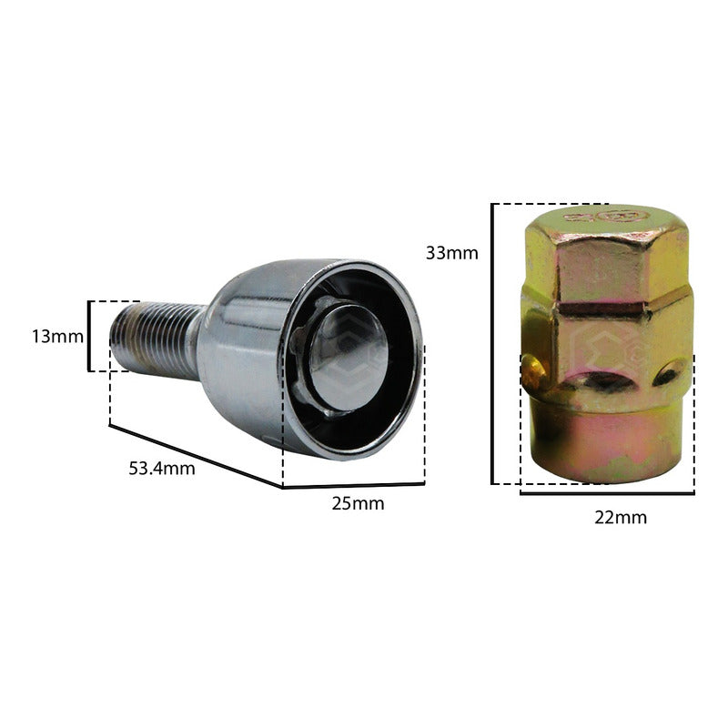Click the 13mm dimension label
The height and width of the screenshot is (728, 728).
point(58,337)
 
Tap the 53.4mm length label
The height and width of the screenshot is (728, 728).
point(162,469)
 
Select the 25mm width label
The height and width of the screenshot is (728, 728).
point(358,504)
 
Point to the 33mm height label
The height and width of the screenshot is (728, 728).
point(451,253)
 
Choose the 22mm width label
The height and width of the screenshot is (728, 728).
point(621,518)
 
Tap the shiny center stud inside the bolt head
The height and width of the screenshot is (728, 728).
point(349,357)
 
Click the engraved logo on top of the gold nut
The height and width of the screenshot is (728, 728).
point(606,217)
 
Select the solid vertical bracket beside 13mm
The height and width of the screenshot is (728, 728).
point(88,336)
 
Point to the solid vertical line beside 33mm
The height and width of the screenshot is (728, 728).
point(492,344)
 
